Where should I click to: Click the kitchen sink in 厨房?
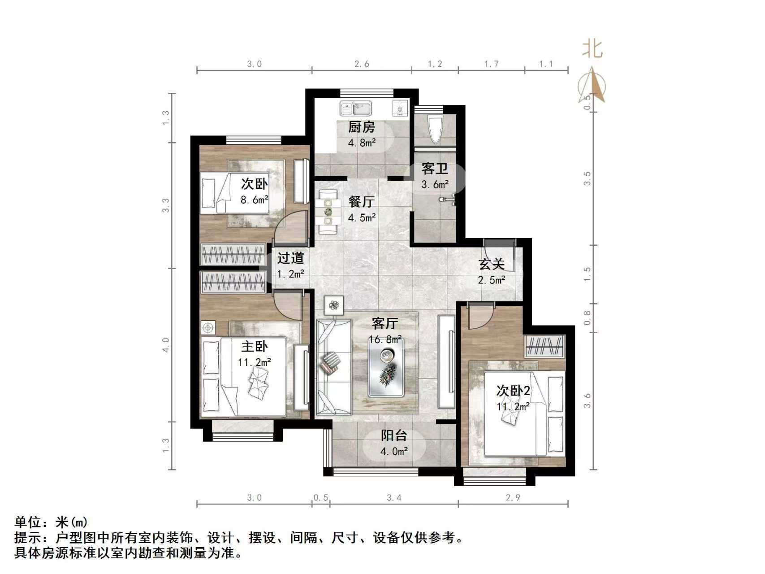[356, 108]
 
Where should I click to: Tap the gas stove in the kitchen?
[400, 108]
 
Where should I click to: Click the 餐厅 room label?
[361, 202]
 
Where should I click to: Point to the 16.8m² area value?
[385, 339]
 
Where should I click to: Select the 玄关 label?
[492, 264]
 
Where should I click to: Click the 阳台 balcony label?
[394, 435]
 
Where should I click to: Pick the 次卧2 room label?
[513, 391]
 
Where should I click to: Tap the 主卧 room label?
[254, 346]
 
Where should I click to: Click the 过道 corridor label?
[290, 258]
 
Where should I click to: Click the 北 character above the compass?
[592, 48]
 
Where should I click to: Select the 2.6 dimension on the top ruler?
[362, 64]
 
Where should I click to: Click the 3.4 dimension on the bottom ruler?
[394, 498]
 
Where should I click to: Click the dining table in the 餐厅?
[328, 211]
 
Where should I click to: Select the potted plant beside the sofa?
[334, 305]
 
